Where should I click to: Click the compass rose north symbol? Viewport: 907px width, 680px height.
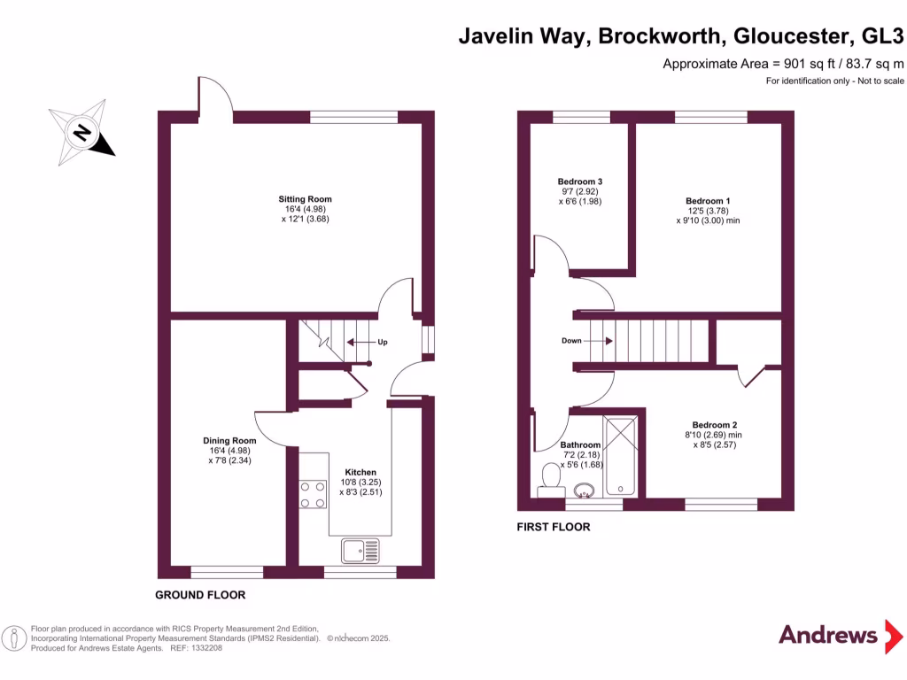(82, 135)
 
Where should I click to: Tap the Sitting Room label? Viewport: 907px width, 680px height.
(305, 199)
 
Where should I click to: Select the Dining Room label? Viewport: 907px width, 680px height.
(229, 441)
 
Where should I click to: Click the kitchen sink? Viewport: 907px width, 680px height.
(360, 550)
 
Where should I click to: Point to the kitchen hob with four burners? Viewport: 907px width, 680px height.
(313, 494)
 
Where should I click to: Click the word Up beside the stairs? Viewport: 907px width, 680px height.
(382, 343)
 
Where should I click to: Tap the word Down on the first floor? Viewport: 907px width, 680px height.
(571, 341)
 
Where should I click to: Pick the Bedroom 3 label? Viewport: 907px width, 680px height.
(580, 182)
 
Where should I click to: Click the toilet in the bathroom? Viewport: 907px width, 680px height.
(550, 478)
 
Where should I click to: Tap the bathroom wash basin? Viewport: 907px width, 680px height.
(584, 489)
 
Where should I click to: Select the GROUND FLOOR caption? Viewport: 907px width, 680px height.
(200, 595)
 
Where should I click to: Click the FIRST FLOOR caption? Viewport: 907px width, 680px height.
(554, 527)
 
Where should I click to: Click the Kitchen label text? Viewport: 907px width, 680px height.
(360, 472)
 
